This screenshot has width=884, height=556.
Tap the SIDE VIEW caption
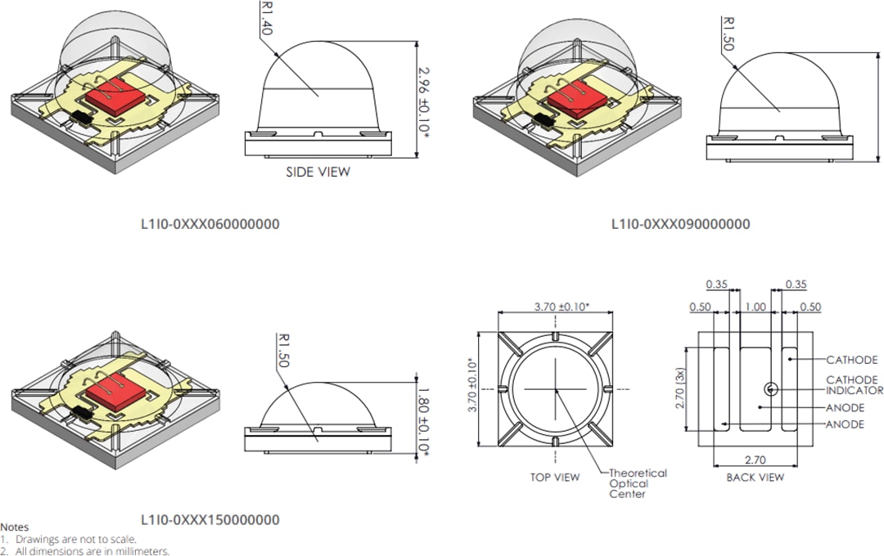click(x=318, y=173)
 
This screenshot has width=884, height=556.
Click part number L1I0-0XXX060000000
click(x=210, y=224)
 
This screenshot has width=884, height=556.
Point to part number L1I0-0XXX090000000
click(x=680, y=224)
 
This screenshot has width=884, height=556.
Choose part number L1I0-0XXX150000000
click(x=210, y=520)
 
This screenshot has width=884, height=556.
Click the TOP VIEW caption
click(x=554, y=478)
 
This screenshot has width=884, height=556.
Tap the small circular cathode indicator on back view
click(x=770, y=388)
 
